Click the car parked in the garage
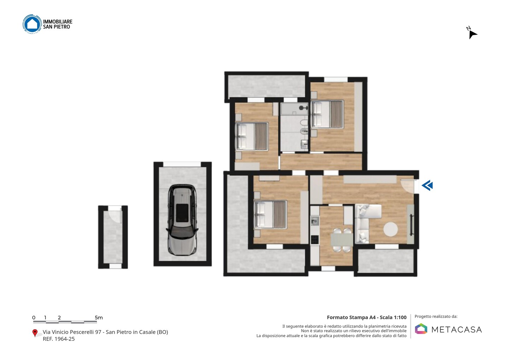[182, 220]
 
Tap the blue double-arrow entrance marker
[427, 185]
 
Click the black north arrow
[473, 35]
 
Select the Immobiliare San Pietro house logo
[32, 24]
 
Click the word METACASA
[457, 330]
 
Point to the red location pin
[35, 333]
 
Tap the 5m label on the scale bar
[99, 318]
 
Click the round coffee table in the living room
[391, 229]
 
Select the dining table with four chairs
[341, 240]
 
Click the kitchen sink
[315, 221]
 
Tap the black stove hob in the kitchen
[315, 239]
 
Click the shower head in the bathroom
[303, 108]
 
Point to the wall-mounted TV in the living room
[411, 225]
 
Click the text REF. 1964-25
[59, 339]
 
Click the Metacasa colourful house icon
[421, 329]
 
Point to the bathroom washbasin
[304, 144]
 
